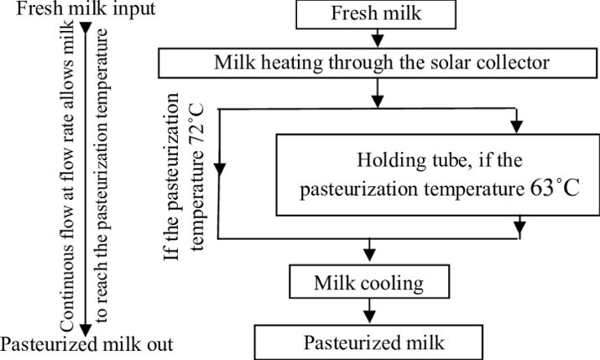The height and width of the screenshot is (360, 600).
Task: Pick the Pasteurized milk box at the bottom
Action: point(370,342)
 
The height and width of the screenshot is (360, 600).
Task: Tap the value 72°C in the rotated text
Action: point(201,133)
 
